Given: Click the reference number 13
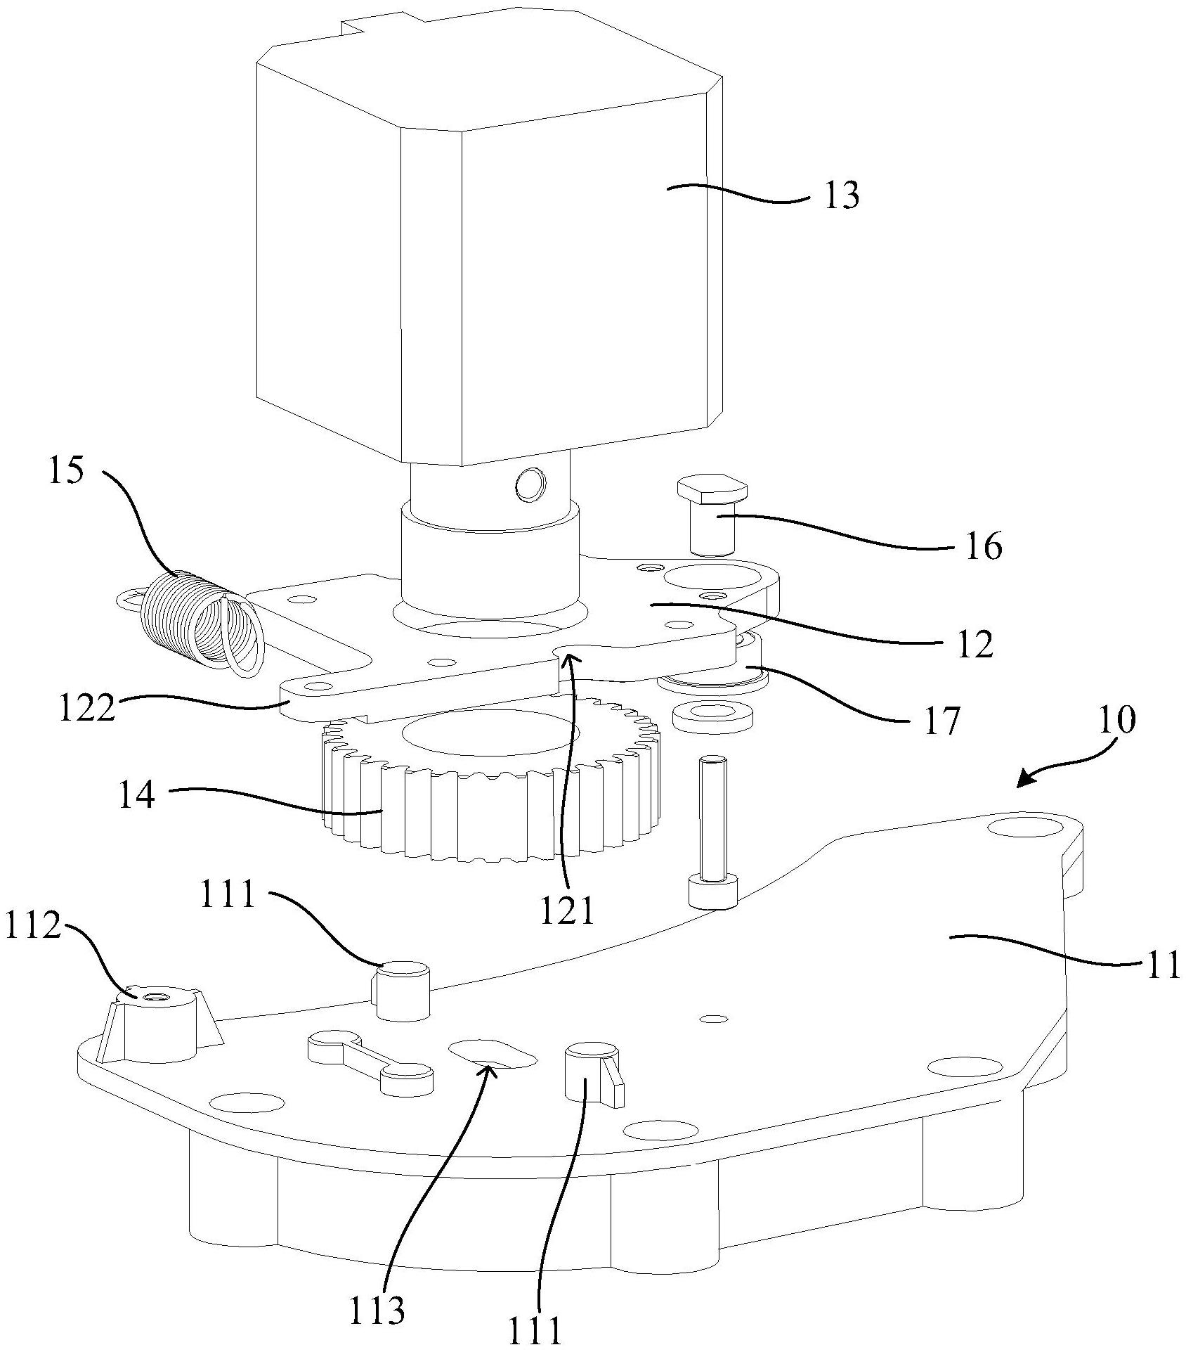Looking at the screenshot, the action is tap(841, 195).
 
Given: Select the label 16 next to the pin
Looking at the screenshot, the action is tap(982, 546).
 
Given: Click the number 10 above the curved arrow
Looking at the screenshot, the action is tap(1114, 720).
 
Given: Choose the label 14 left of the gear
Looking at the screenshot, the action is tap(136, 797).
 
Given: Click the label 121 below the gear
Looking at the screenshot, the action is tap(567, 913).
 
